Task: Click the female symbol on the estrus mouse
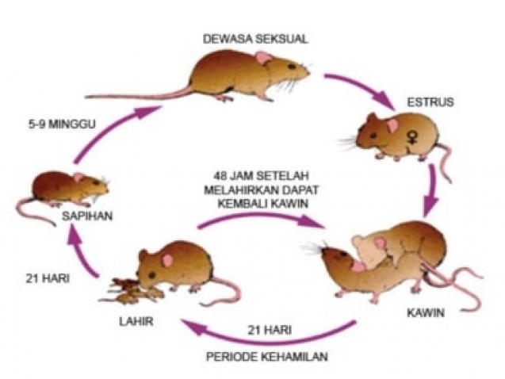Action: pos(411,138)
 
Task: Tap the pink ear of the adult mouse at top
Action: pos(263,58)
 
